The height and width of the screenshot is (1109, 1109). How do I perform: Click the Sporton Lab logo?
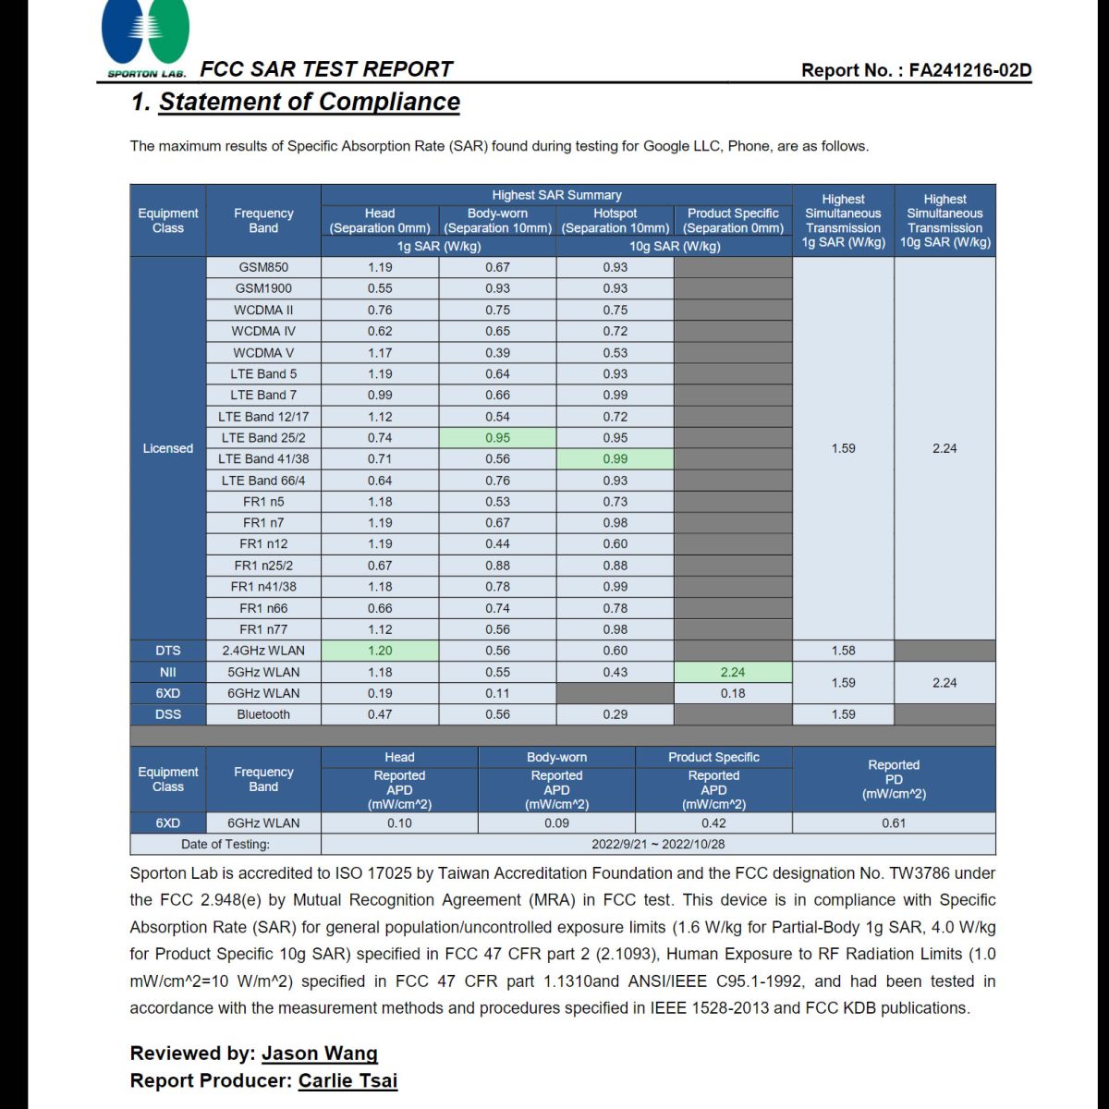(x=146, y=37)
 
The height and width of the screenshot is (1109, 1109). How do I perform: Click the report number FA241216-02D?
(x=969, y=70)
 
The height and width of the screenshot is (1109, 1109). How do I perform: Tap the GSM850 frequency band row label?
(x=263, y=267)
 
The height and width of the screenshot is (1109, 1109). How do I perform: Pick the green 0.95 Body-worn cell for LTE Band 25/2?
(x=497, y=438)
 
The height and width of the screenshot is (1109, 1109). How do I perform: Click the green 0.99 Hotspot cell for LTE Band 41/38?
(x=615, y=459)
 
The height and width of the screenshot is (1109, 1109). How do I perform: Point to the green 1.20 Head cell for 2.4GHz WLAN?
(x=380, y=651)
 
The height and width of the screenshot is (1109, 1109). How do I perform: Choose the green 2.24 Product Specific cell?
(x=733, y=672)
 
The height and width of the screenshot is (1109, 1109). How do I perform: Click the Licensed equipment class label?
(x=168, y=448)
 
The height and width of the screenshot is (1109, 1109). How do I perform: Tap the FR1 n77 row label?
(x=263, y=629)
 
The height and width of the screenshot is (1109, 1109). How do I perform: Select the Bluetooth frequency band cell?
(x=263, y=714)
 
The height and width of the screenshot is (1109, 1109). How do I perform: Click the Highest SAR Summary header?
(x=556, y=195)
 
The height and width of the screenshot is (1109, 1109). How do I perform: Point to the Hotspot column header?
(x=615, y=220)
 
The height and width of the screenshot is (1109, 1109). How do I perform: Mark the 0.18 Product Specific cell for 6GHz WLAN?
(x=733, y=693)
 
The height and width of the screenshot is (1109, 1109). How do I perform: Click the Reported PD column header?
(x=894, y=779)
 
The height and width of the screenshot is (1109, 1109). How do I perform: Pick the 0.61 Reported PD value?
(x=894, y=823)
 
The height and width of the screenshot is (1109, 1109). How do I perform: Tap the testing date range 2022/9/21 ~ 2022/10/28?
(x=658, y=844)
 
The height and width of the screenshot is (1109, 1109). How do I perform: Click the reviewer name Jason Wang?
(x=320, y=1054)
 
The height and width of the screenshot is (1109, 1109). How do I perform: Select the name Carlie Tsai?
(x=347, y=1080)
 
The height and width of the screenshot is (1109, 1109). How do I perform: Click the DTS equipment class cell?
(x=168, y=651)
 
